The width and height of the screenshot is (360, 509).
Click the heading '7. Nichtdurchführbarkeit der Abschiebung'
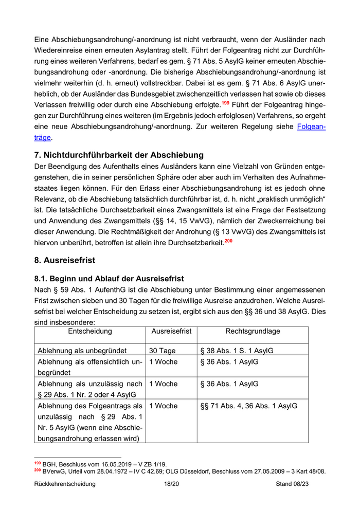tap(119, 155)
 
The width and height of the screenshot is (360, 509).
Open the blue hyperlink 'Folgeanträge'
tap(311, 126)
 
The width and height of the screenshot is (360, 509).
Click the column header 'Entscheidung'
tap(90, 332)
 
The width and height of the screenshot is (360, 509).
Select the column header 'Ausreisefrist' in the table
tap(171, 332)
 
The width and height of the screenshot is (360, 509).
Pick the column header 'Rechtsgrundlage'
tap(253, 332)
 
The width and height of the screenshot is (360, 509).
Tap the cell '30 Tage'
tap(163, 351)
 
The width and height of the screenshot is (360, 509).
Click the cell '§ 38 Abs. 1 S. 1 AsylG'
tap(237, 351)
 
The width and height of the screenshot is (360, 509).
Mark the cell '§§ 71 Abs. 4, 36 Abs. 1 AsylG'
tap(249, 406)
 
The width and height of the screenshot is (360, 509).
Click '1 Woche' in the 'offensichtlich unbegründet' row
tap(164, 362)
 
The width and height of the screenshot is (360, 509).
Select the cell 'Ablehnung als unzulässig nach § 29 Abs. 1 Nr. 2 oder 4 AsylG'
tap(90, 389)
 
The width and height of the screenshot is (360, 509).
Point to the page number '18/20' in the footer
tap(171, 484)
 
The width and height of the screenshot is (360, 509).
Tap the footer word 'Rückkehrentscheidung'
tap(65, 484)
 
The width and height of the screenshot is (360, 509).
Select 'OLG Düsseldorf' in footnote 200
tap(196, 471)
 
